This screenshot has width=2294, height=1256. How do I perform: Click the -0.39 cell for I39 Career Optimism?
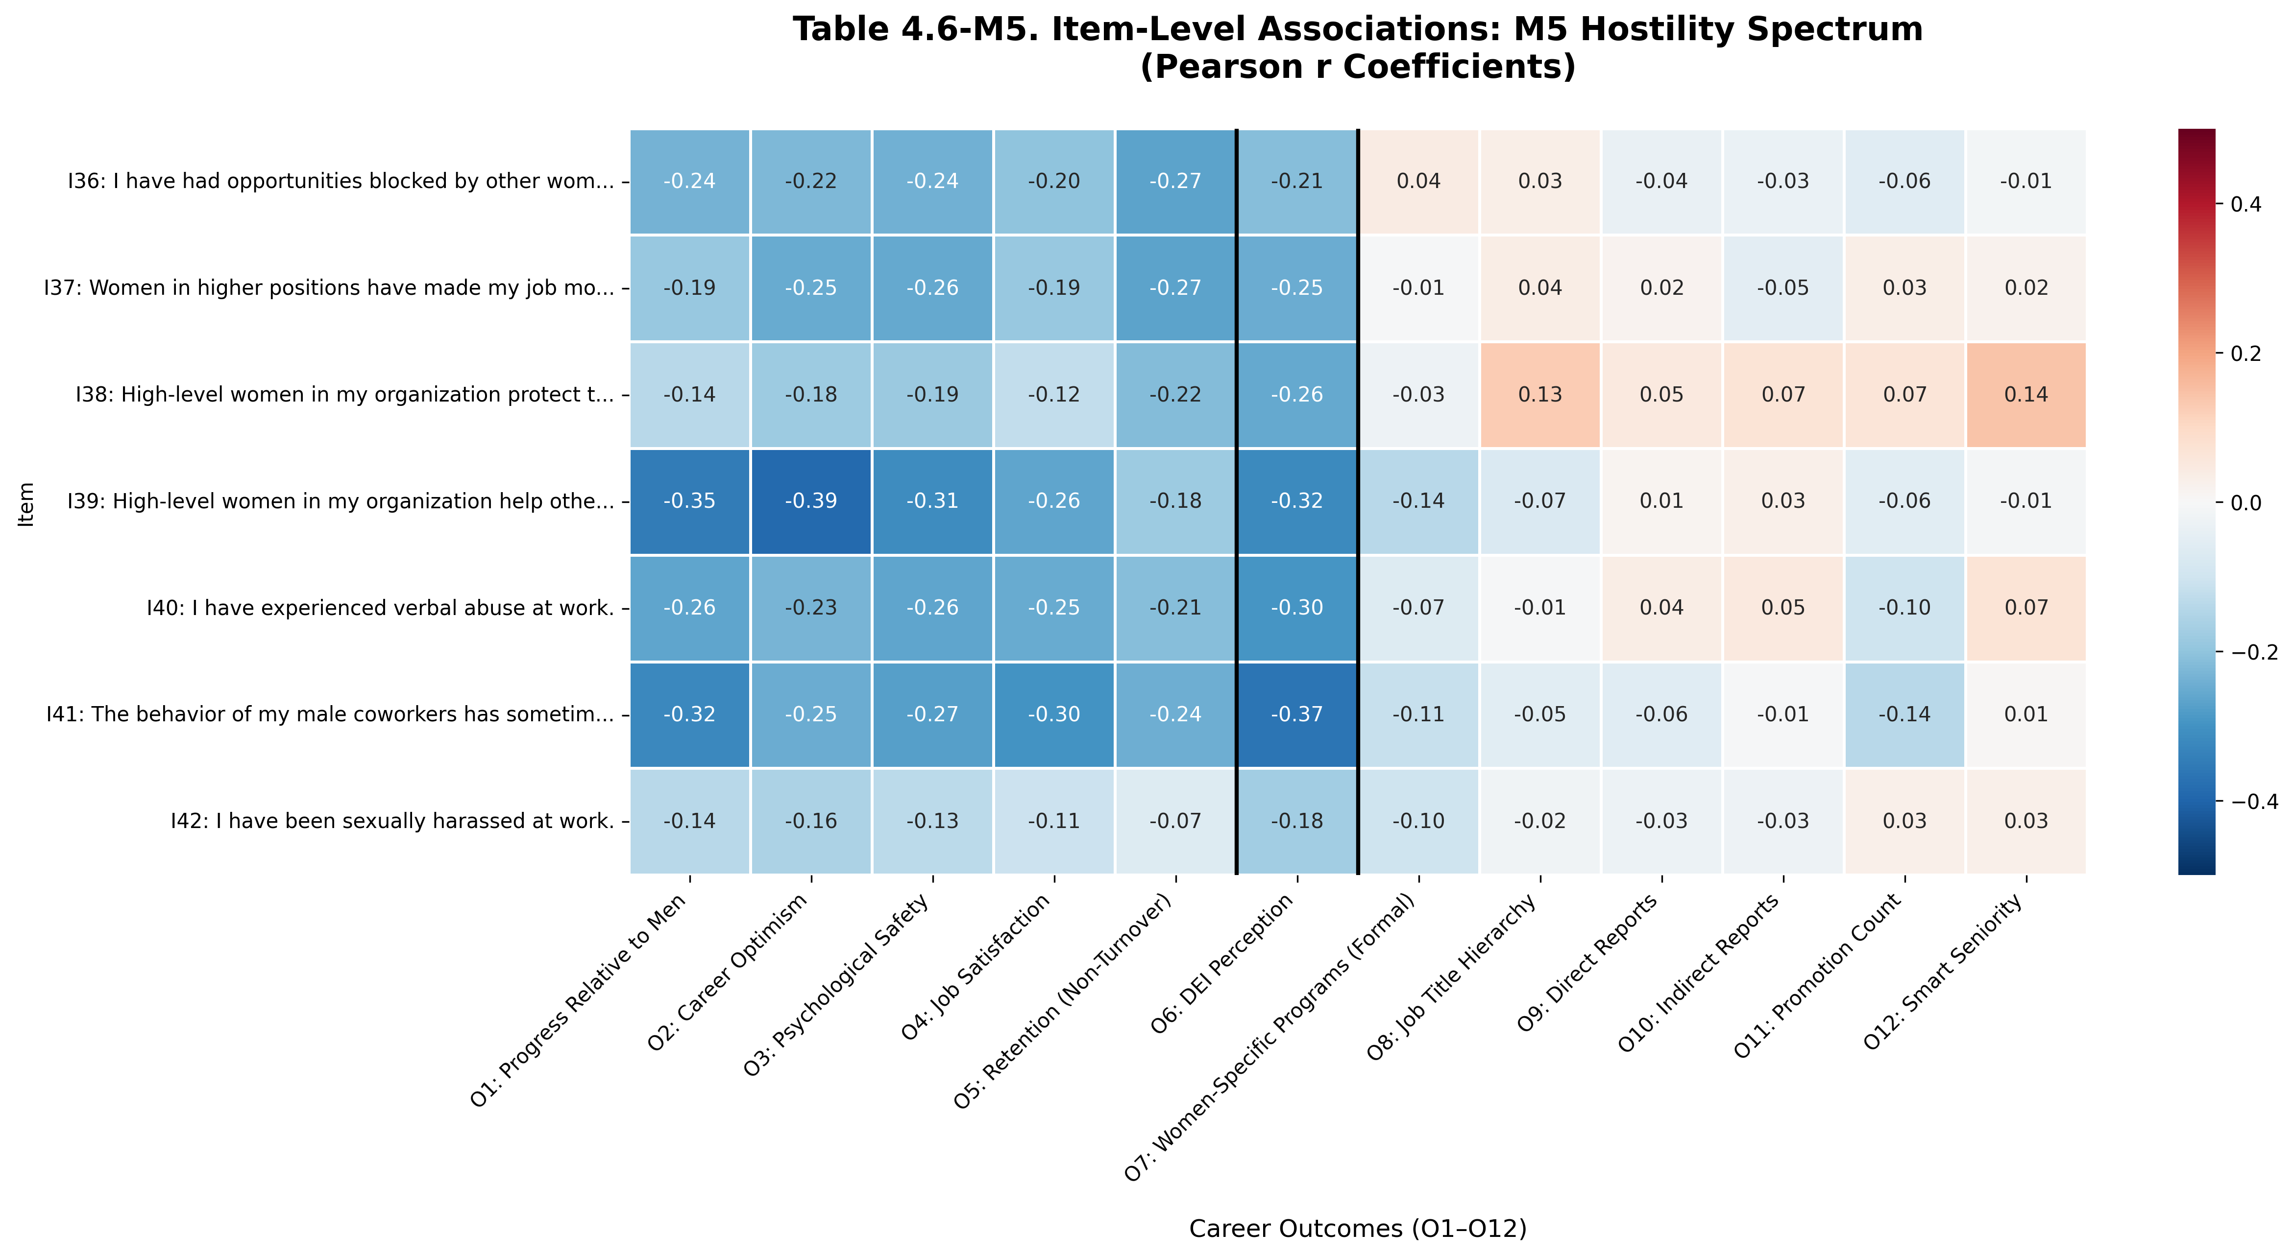[x=810, y=501]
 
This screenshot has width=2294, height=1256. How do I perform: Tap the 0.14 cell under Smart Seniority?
[x=2026, y=394]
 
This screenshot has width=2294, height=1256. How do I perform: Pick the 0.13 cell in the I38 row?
[x=1540, y=394]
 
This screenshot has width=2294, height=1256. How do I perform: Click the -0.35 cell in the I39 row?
[x=690, y=501]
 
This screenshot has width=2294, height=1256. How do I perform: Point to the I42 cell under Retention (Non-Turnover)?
[x=1175, y=821]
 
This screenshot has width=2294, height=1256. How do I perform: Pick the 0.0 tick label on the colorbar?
[x=2247, y=503]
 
